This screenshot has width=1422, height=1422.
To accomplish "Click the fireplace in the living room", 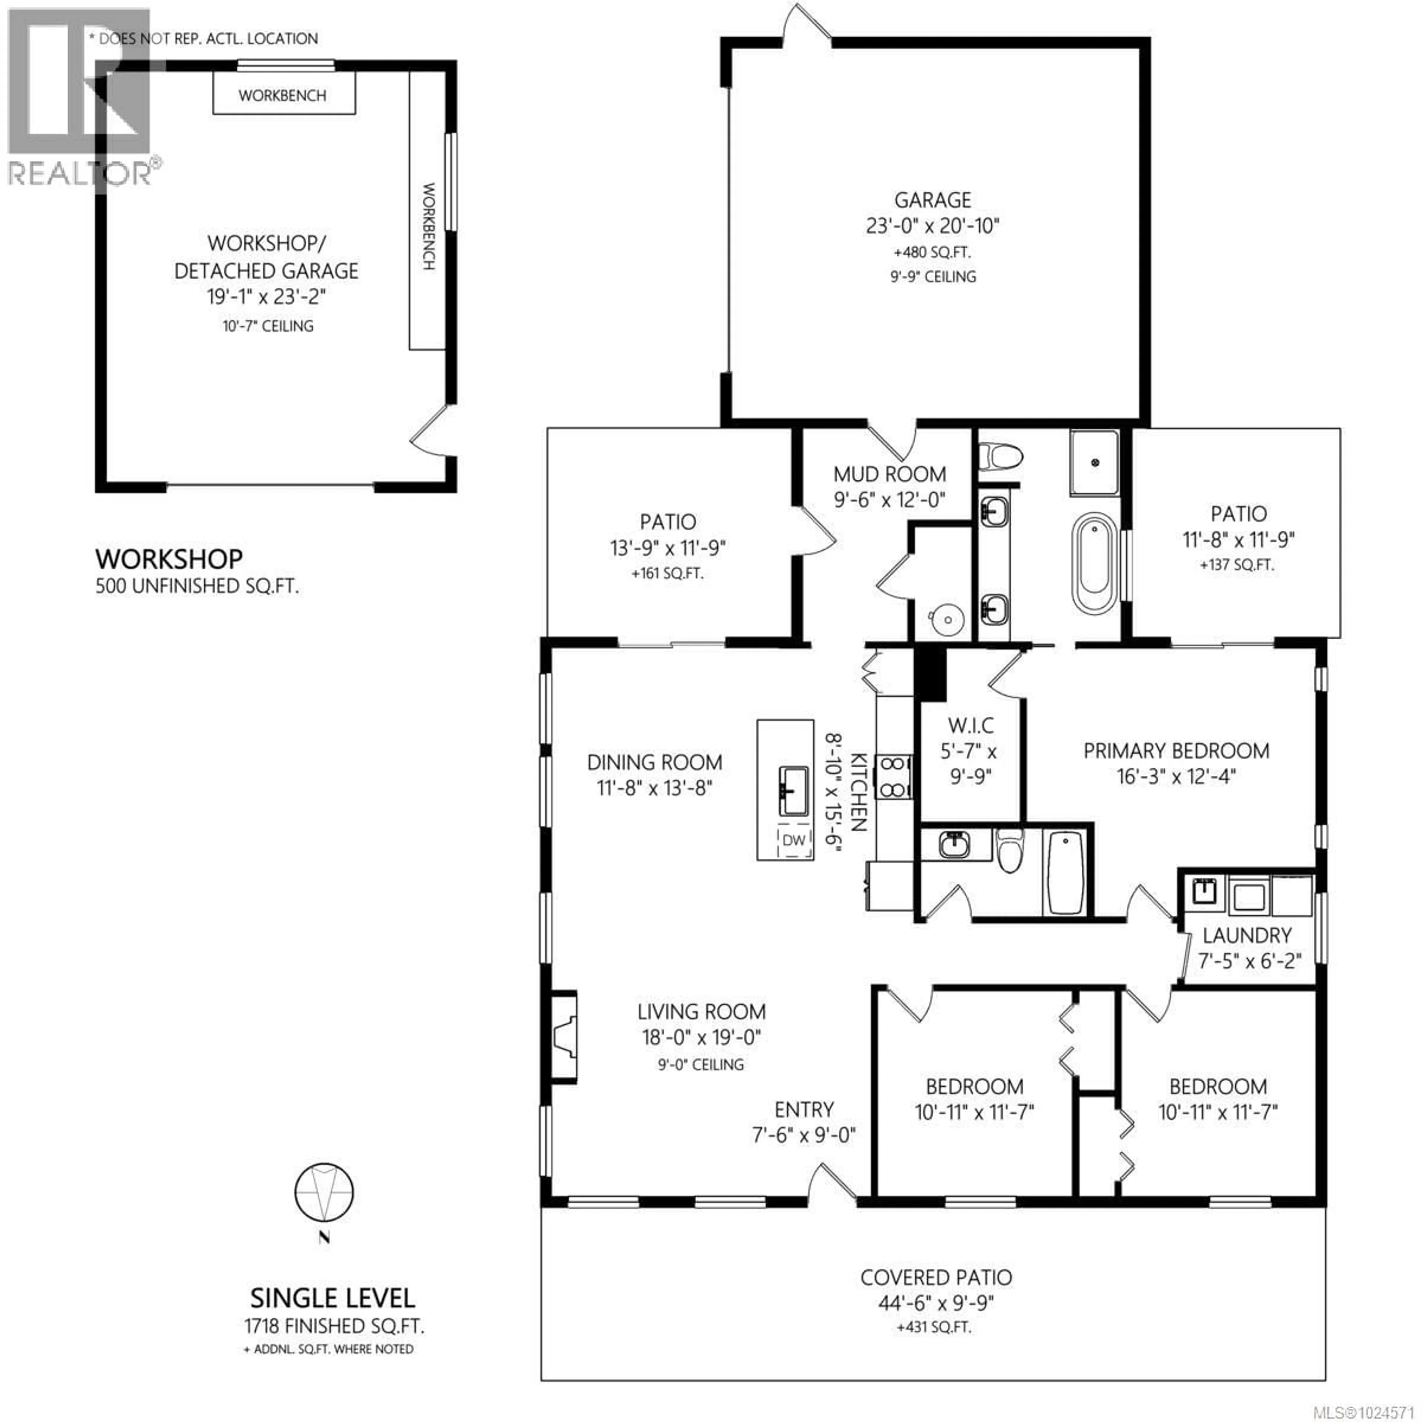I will pyautogui.click(x=564, y=1037).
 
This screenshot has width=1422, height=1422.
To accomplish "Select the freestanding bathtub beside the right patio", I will pyautogui.click(x=1093, y=564).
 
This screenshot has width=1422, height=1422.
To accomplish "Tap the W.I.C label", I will pyautogui.click(x=971, y=726).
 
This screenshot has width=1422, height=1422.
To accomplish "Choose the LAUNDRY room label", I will pyautogui.click(x=1247, y=935).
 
